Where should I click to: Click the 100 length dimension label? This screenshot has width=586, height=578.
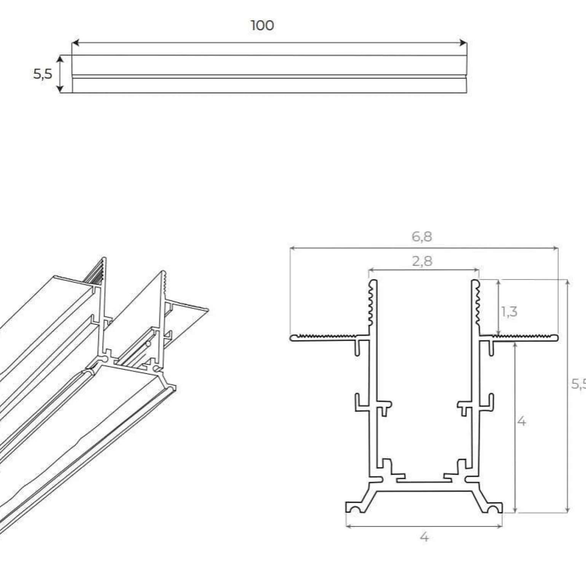(262, 26)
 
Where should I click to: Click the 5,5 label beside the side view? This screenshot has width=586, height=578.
(42, 74)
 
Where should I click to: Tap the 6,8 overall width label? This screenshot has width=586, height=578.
(422, 237)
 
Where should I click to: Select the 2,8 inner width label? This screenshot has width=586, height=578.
(422, 261)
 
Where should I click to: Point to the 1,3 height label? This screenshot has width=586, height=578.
(509, 312)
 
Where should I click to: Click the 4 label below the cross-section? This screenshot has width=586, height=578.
(424, 537)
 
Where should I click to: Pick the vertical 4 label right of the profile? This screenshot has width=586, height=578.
(521, 422)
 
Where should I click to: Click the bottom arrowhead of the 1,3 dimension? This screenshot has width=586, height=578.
(498, 334)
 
